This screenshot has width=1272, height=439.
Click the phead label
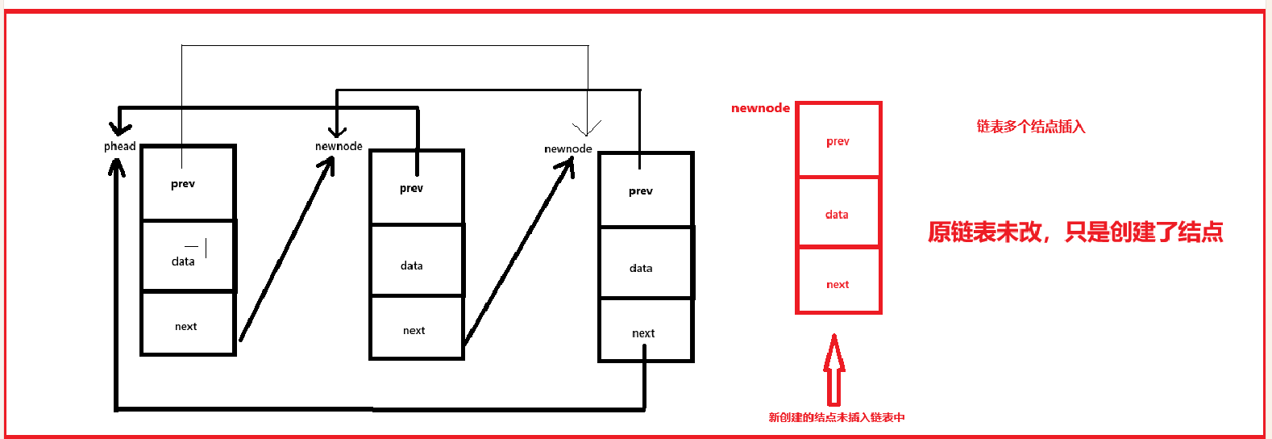pyautogui.click(x=119, y=146)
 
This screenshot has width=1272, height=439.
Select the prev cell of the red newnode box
pyautogui.click(x=838, y=140)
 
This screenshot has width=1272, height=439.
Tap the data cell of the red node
pyautogui.click(x=838, y=214)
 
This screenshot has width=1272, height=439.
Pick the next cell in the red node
pyautogui.click(x=838, y=282)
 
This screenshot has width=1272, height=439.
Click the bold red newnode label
pyautogui.click(x=760, y=108)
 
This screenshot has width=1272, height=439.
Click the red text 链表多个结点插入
pyautogui.click(x=1031, y=127)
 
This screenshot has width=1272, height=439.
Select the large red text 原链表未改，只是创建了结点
pyautogui.click(x=1075, y=232)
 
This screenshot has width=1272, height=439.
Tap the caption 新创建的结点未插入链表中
pyautogui.click(x=836, y=417)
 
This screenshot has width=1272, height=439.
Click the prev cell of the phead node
pyautogui.click(x=188, y=184)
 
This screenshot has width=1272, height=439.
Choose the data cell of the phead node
pyautogui.click(x=188, y=257)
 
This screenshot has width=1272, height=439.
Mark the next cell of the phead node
pyautogui.click(x=188, y=324)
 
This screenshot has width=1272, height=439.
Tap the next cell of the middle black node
pyautogui.click(x=416, y=328)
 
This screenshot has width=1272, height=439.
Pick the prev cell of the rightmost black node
pyautogui.click(x=646, y=191)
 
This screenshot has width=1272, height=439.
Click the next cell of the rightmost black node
pyautogui.click(x=646, y=332)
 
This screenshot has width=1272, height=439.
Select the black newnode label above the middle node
pyautogui.click(x=339, y=146)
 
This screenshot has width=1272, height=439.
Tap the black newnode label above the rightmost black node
pyautogui.click(x=568, y=148)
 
